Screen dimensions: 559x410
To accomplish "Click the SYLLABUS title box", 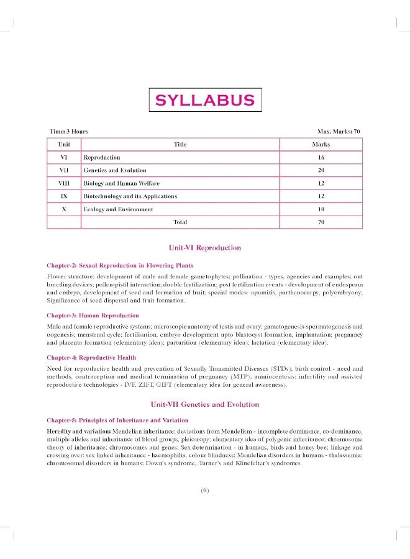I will click(x=204, y=101).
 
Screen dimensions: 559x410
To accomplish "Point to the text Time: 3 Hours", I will click(x=69, y=132).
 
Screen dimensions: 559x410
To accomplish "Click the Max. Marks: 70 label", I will click(x=339, y=132).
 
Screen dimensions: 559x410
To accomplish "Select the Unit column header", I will click(x=64, y=144).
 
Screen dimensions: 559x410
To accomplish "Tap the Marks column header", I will click(x=321, y=144).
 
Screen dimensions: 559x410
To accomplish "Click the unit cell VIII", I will click(x=64, y=183).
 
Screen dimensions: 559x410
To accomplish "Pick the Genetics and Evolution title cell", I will click(x=115, y=170).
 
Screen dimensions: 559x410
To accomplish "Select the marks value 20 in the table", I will click(x=321, y=170).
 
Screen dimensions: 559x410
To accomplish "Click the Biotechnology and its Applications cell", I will click(x=130, y=196).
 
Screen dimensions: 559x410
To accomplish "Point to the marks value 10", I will click(x=321, y=209).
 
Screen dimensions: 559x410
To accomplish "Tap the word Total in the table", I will click(x=180, y=222).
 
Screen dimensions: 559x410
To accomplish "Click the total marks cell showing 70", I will click(x=321, y=222).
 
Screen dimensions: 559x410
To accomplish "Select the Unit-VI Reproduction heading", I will click(x=204, y=248).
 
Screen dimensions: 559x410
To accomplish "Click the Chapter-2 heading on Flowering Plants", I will click(x=120, y=265).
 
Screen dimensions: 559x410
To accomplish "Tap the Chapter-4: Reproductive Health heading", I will click(x=91, y=358).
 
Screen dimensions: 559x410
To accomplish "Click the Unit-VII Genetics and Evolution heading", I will click(x=204, y=404).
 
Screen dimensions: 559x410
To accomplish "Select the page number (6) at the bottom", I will click(x=205, y=489).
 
